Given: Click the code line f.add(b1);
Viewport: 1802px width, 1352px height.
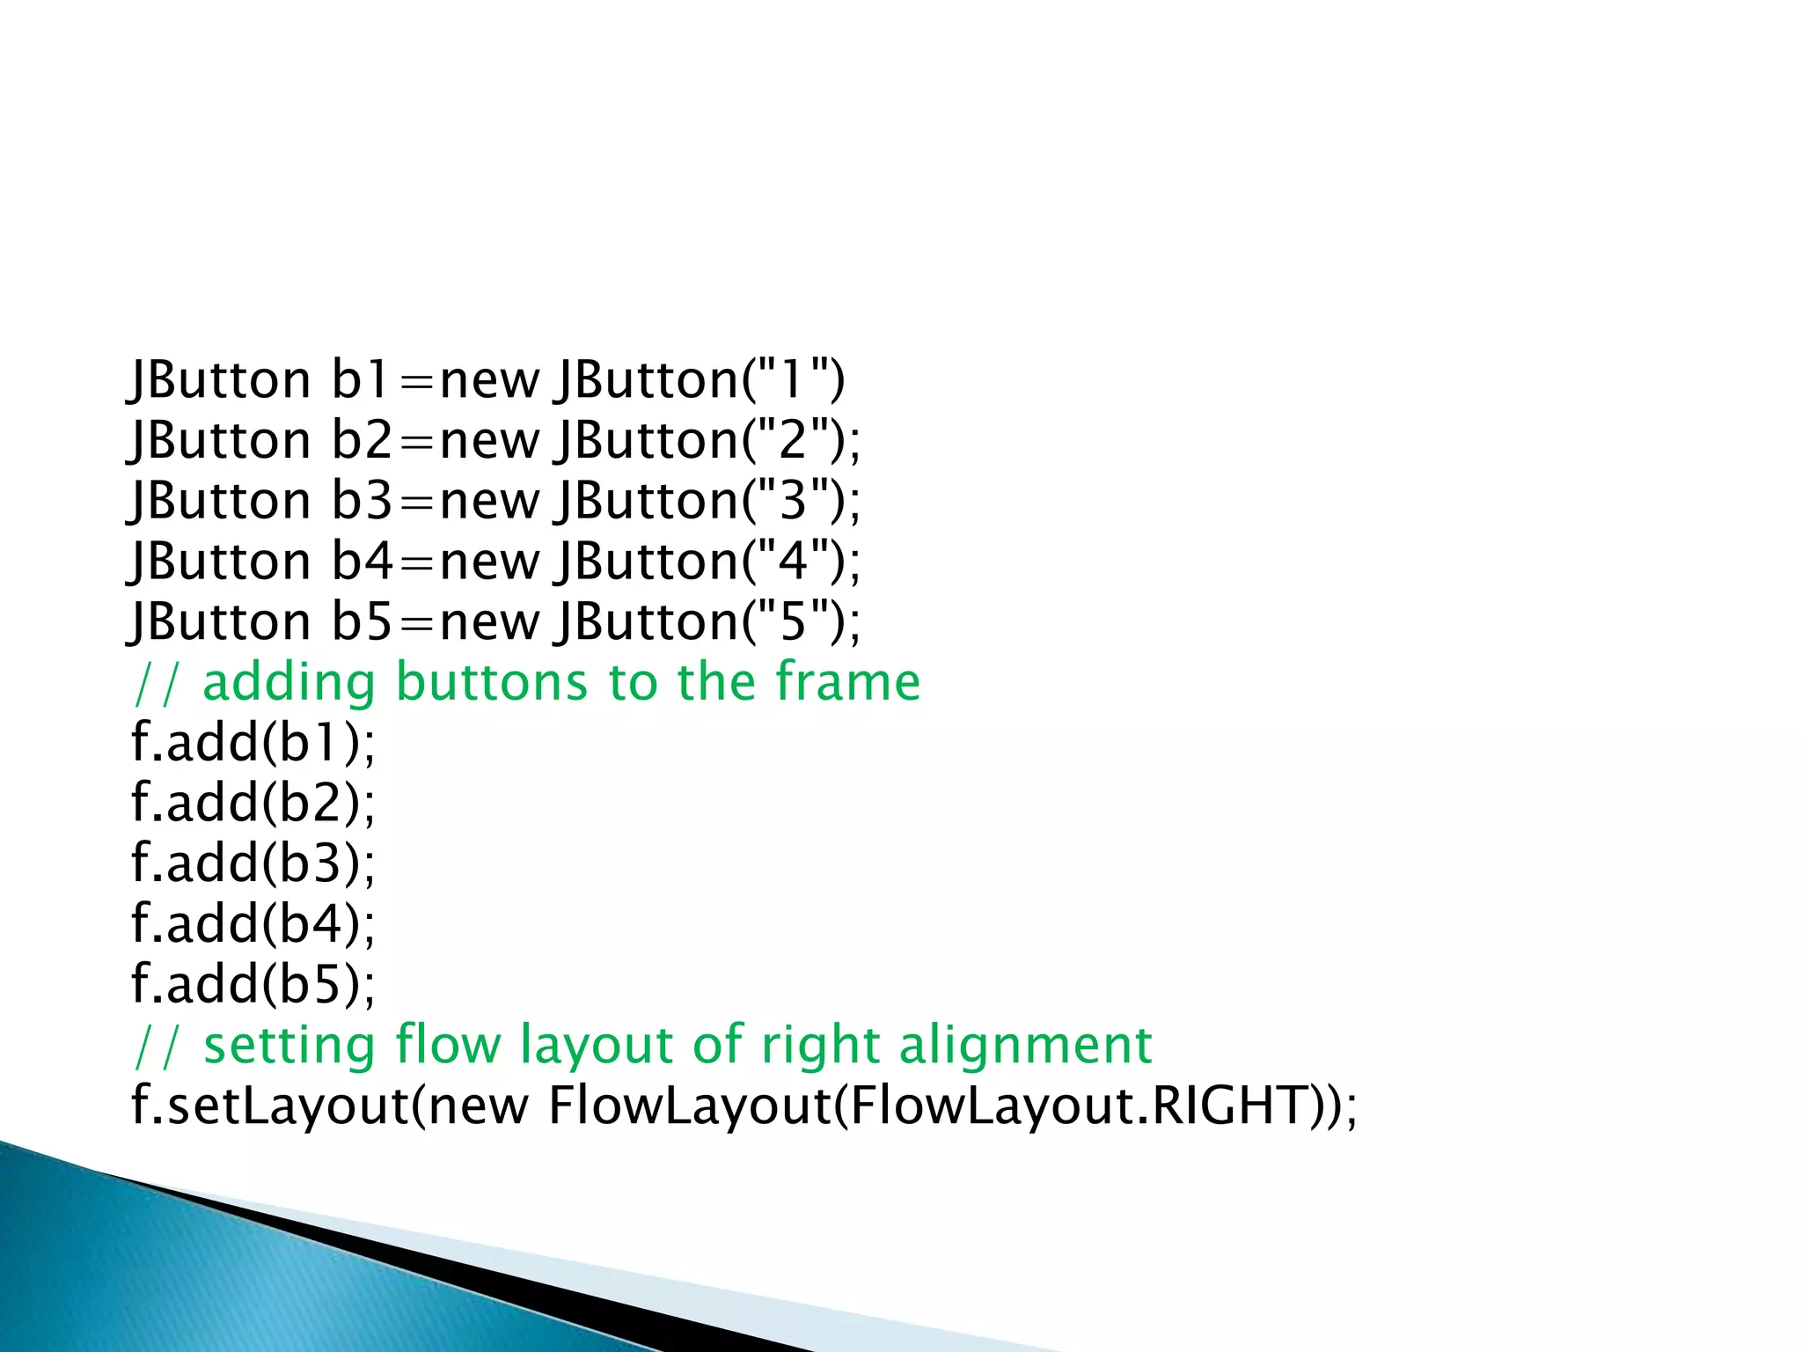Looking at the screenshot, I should pos(253,742).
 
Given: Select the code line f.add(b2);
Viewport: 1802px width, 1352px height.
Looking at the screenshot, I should pos(253,802).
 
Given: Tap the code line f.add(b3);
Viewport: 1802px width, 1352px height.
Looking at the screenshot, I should pos(253,863).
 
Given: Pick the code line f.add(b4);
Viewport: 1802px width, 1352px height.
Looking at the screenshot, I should pos(253,923).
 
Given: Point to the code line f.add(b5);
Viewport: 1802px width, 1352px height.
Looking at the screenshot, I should pos(253,983).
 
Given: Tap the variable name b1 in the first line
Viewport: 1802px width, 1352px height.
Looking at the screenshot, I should pos(360,379).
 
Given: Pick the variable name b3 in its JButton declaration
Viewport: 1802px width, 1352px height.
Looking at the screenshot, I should pos(362,500).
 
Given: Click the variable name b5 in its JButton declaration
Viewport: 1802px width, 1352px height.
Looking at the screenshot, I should pos(362,621).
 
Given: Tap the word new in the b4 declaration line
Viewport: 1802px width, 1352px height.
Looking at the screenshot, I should pos(489,562).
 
